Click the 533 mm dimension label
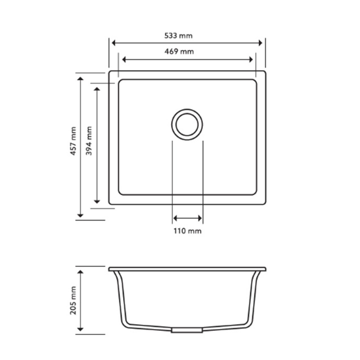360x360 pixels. click(178, 36)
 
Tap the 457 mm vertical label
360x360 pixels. click(74, 141)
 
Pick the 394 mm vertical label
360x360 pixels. click(89, 141)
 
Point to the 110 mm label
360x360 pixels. click(187, 231)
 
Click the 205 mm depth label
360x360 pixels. click(74, 300)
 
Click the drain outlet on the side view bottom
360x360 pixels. click(186, 330)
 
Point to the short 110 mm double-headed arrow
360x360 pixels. click(187, 218)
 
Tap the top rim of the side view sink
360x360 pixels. click(187, 269)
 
